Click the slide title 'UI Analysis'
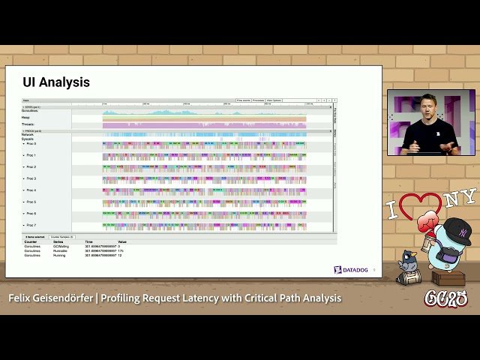56,82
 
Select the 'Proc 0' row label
31,143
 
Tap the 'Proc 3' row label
31,178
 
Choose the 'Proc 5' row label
31,202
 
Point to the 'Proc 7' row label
31,225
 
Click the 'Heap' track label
25,117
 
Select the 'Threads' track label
28,124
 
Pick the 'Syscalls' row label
28,138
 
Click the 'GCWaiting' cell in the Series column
61,245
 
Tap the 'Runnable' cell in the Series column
60,250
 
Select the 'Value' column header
122,241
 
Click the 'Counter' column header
31,241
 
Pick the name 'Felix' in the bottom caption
23,298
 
